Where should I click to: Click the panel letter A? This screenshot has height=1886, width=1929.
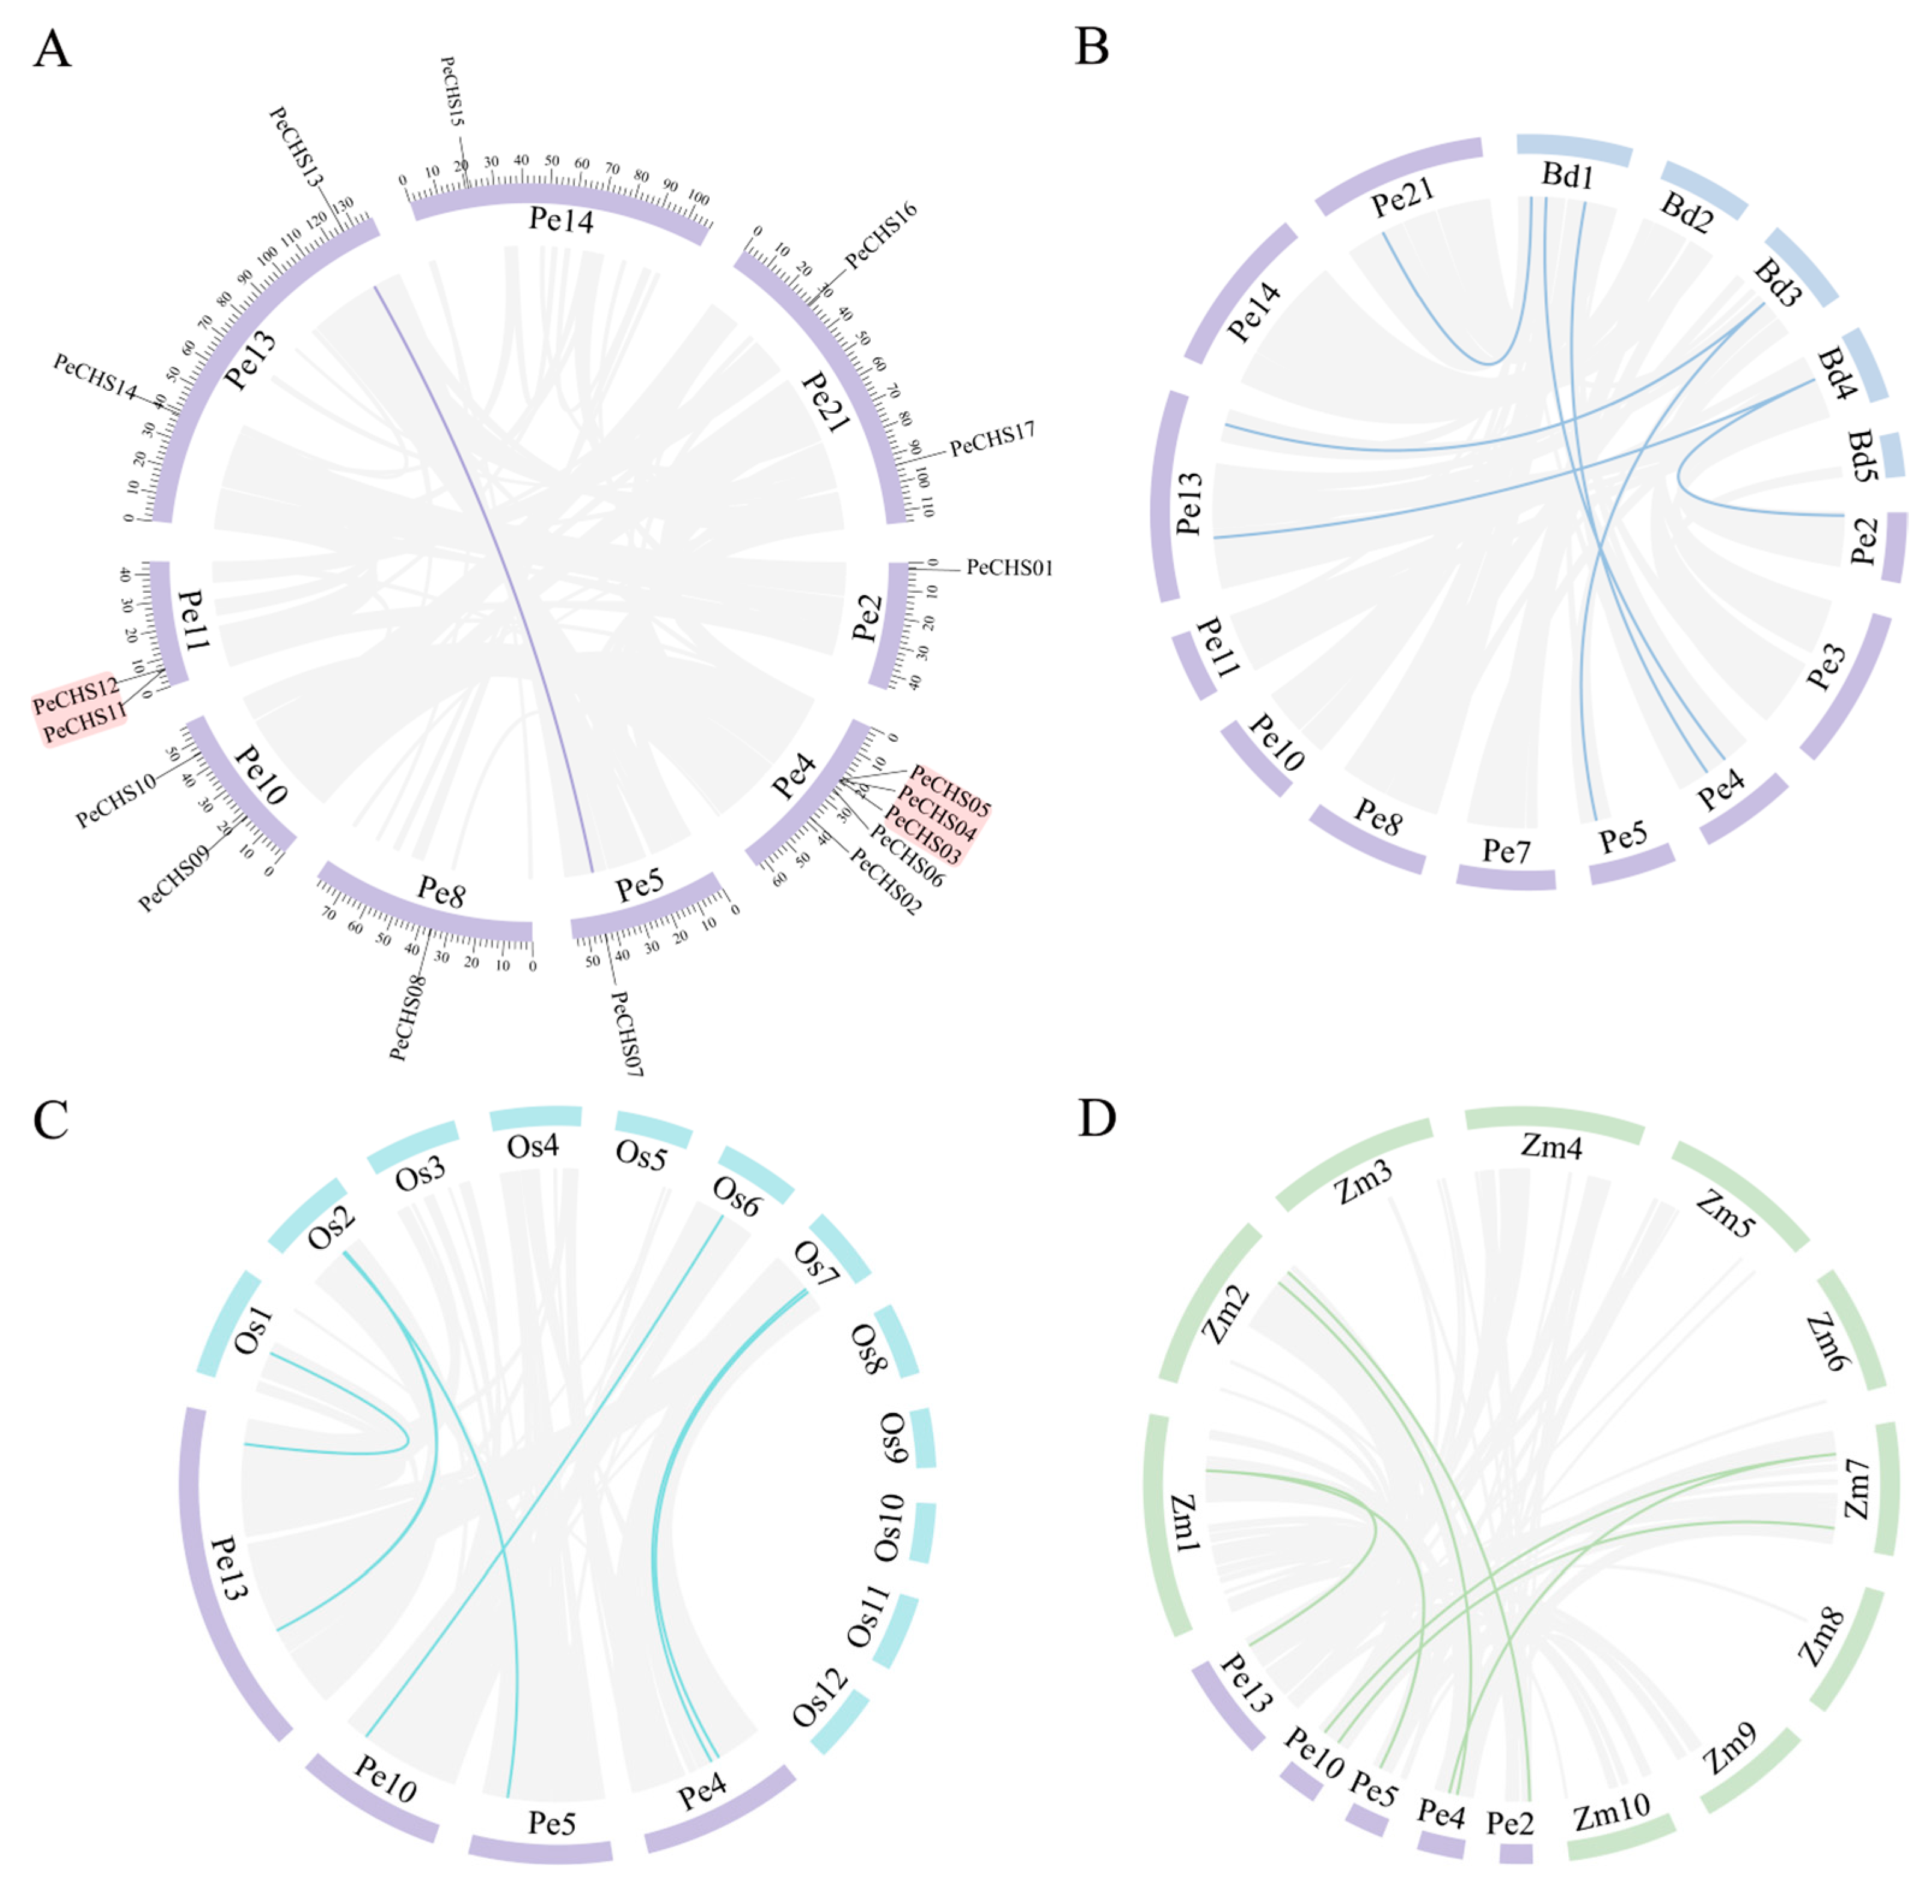click(52, 49)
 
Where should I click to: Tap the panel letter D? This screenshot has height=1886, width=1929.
click(1096, 1118)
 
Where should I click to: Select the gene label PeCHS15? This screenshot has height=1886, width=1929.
click(452, 91)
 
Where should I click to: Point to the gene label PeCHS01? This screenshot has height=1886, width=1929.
click(1008, 568)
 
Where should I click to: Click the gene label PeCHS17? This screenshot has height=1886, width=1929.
click(992, 439)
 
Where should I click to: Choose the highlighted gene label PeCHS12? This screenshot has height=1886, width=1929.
click(75, 696)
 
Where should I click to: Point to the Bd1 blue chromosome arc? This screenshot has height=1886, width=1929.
click(1573, 150)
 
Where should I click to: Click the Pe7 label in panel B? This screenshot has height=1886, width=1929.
click(1506, 850)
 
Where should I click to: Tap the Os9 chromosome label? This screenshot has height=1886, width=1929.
click(893, 1438)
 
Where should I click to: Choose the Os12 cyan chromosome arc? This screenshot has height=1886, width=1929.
click(840, 1722)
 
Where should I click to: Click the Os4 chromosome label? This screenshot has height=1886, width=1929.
click(533, 1147)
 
